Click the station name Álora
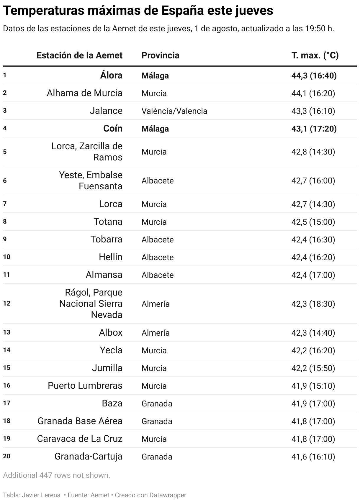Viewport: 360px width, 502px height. [x=111, y=76]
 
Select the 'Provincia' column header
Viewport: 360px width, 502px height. [x=160, y=55]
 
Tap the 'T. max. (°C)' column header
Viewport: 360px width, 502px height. [x=315, y=55]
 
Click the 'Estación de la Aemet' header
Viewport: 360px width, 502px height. [x=79, y=55]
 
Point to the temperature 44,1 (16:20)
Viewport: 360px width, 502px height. [x=313, y=93]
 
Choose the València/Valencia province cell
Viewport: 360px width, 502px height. [x=174, y=111]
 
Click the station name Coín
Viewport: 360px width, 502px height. [x=113, y=129]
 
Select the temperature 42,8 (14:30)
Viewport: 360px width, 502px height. [x=313, y=152]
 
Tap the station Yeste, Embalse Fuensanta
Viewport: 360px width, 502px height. [x=91, y=181]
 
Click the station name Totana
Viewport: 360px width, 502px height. [x=108, y=222]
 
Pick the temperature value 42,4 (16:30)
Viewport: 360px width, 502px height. [x=313, y=239]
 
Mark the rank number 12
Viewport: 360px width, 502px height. [x=6, y=304]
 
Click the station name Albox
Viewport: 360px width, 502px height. [x=110, y=333]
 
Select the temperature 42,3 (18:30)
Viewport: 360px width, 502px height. [x=313, y=304]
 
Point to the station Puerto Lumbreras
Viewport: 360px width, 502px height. [x=85, y=386]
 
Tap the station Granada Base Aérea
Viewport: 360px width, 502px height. [x=80, y=421]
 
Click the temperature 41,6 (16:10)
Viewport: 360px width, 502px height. [x=313, y=457]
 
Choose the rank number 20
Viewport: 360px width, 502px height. [x=6, y=456]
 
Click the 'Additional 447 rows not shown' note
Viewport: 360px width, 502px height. [x=56, y=475]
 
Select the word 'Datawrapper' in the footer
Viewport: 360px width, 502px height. [x=168, y=495]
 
